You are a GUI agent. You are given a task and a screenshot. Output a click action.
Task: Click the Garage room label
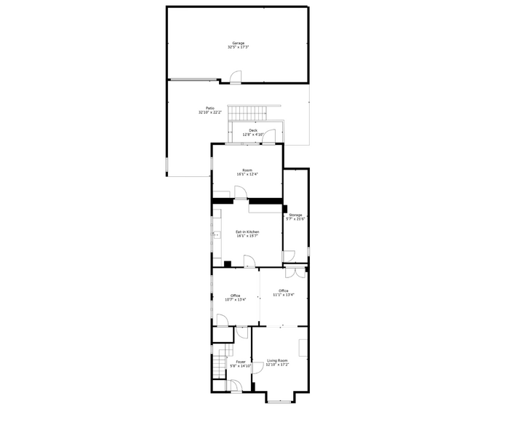(x=239, y=45)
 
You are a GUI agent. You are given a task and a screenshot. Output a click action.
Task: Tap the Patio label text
(x=209, y=111)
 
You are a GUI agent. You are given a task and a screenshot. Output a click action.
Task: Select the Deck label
(x=252, y=132)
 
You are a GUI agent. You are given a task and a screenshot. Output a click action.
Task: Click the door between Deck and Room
(x=269, y=137)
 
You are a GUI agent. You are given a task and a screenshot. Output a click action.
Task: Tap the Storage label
(x=295, y=217)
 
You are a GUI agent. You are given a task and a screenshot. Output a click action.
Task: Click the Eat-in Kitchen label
(x=247, y=234)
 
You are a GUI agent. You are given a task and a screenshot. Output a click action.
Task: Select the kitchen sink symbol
(x=216, y=234)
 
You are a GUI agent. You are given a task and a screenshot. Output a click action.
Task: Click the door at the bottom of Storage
(x=289, y=256)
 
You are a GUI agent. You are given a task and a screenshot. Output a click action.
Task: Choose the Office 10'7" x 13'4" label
(x=235, y=297)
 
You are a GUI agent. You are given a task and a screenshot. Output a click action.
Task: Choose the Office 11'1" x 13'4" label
(x=284, y=293)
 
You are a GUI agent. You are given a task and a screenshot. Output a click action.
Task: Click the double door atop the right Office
(x=295, y=272)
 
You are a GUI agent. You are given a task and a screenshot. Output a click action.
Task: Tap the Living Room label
(x=277, y=362)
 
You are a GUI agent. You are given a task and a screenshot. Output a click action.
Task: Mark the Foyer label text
(x=240, y=364)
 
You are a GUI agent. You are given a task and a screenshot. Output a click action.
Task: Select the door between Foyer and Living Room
(x=257, y=368)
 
